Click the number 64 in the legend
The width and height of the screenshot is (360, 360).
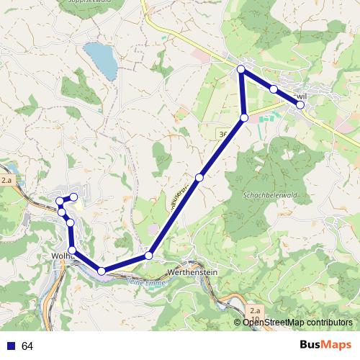point(27,346)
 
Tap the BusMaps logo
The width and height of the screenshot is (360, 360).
point(325,345)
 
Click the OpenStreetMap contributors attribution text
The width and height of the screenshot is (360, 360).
point(297,322)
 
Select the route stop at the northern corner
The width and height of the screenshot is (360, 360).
point(242,70)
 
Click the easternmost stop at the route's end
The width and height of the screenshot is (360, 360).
point(300,105)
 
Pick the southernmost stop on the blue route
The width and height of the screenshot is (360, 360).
point(102,271)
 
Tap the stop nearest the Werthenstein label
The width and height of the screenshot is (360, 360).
point(149,256)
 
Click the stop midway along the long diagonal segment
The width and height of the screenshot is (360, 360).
point(199,177)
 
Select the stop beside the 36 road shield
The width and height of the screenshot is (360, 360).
point(244,117)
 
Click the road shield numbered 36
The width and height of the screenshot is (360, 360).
point(222,134)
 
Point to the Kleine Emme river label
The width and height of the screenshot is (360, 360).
point(145,282)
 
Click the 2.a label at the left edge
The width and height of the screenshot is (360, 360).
point(7,180)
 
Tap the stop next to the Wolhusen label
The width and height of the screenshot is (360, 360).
point(72,250)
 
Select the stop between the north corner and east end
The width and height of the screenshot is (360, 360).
point(274,89)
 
